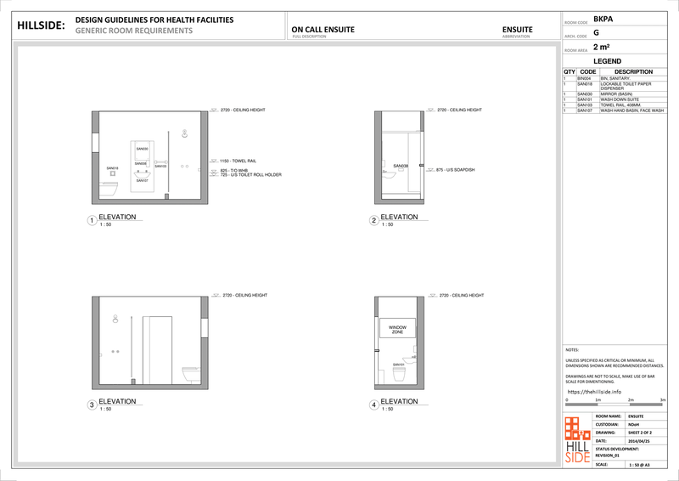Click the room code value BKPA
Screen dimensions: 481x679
click(603, 18)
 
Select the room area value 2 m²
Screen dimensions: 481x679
click(602, 48)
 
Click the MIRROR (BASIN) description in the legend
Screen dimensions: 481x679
click(620, 93)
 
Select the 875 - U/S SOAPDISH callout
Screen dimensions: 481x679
click(456, 170)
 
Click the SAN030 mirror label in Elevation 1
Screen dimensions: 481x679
click(142, 149)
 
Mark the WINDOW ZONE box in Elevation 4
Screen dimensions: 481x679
click(397, 330)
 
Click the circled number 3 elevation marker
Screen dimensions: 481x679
click(92, 405)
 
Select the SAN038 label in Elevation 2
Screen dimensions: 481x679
click(401, 166)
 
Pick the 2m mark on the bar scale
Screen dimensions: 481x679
click(631, 399)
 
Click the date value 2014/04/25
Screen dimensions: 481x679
click(638, 441)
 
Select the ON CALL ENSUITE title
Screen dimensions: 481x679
click(323, 30)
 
